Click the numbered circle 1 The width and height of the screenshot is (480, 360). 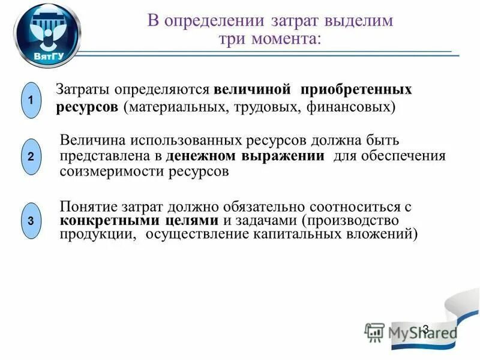coord(31,100)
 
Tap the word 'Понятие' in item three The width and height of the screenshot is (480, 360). coord(88,206)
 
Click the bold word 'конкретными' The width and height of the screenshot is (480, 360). coord(110,220)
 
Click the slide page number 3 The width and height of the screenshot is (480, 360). coord(425,329)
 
